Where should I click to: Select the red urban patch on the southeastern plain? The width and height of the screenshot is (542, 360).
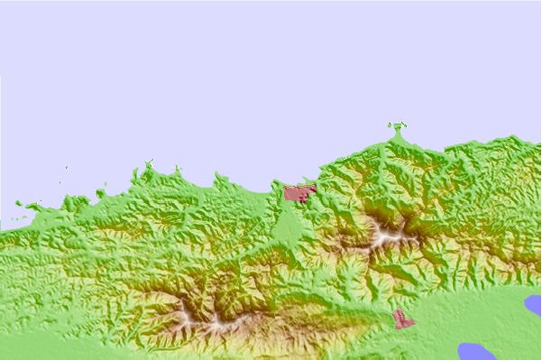402,319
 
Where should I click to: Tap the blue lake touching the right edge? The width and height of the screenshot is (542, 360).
533,305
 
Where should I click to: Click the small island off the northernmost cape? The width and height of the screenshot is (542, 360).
396,125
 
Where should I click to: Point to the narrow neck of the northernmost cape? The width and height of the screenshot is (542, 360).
397,137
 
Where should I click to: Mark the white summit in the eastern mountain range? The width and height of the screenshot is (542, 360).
390,236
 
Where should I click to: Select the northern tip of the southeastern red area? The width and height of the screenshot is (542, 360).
397,311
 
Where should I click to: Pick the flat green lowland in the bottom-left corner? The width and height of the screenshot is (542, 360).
36,347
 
